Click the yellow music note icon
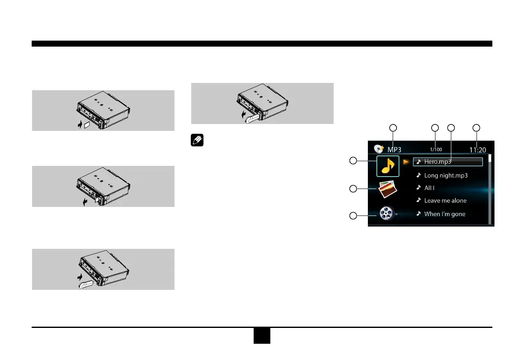click(388, 166)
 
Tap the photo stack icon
click(388, 189)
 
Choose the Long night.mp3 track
click(445, 175)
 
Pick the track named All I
click(429, 188)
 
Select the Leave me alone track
click(445, 201)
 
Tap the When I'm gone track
click(444, 214)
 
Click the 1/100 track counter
click(436, 150)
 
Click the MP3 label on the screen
click(394, 150)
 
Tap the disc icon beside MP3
click(379, 149)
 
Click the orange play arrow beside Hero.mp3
click(406, 162)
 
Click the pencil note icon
click(198, 141)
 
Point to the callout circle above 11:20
click(477, 127)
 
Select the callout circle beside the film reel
click(353, 216)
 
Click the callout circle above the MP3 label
click(393, 127)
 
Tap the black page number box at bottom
click(261, 336)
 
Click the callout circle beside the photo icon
click(353, 189)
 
